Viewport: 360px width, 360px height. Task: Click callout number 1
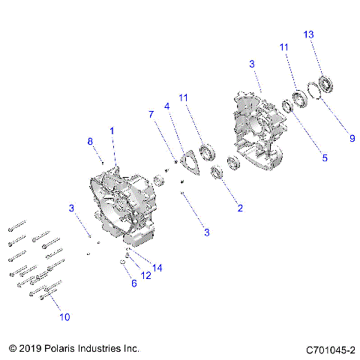click(x=112, y=130)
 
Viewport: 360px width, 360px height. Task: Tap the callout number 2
click(x=239, y=208)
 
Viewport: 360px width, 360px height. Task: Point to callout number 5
click(x=325, y=158)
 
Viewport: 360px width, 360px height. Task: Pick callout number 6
click(x=134, y=283)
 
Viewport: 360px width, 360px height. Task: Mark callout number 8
click(x=91, y=141)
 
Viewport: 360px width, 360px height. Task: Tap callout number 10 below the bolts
click(x=65, y=316)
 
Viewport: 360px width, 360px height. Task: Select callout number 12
click(x=145, y=275)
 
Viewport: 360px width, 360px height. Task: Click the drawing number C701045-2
click(x=330, y=349)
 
